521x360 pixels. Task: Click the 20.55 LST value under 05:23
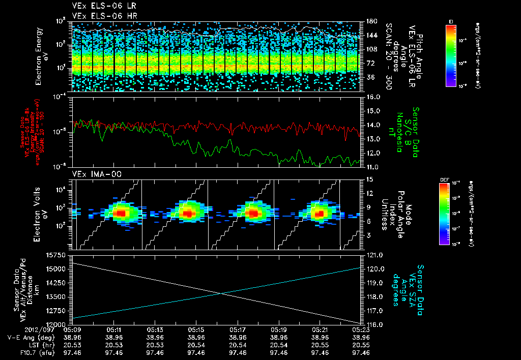[360, 344]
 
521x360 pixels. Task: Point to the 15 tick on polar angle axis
[368, 179]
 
